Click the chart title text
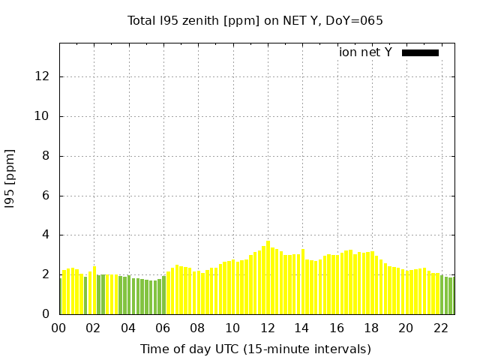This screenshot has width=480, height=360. (x=255, y=21)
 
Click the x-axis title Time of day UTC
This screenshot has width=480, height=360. (x=255, y=349)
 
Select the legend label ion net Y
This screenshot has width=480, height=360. (x=365, y=52)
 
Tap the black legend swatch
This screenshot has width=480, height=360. (x=420, y=52)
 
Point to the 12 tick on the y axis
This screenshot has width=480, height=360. (x=43, y=76)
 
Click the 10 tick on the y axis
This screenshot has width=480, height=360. (x=43, y=116)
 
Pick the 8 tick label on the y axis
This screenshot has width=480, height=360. (x=46, y=156)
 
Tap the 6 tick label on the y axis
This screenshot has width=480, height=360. (x=46, y=196)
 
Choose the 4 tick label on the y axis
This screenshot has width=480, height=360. (x=46, y=235)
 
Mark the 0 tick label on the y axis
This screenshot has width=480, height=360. (x=46, y=314)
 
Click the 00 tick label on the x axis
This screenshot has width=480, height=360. (x=58, y=328)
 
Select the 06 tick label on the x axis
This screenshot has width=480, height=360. (x=163, y=328)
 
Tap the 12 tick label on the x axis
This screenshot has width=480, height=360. (x=267, y=328)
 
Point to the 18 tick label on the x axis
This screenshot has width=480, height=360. (x=370, y=328)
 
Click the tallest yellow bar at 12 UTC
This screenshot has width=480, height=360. (x=268, y=278)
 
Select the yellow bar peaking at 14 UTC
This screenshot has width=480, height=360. (x=303, y=282)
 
